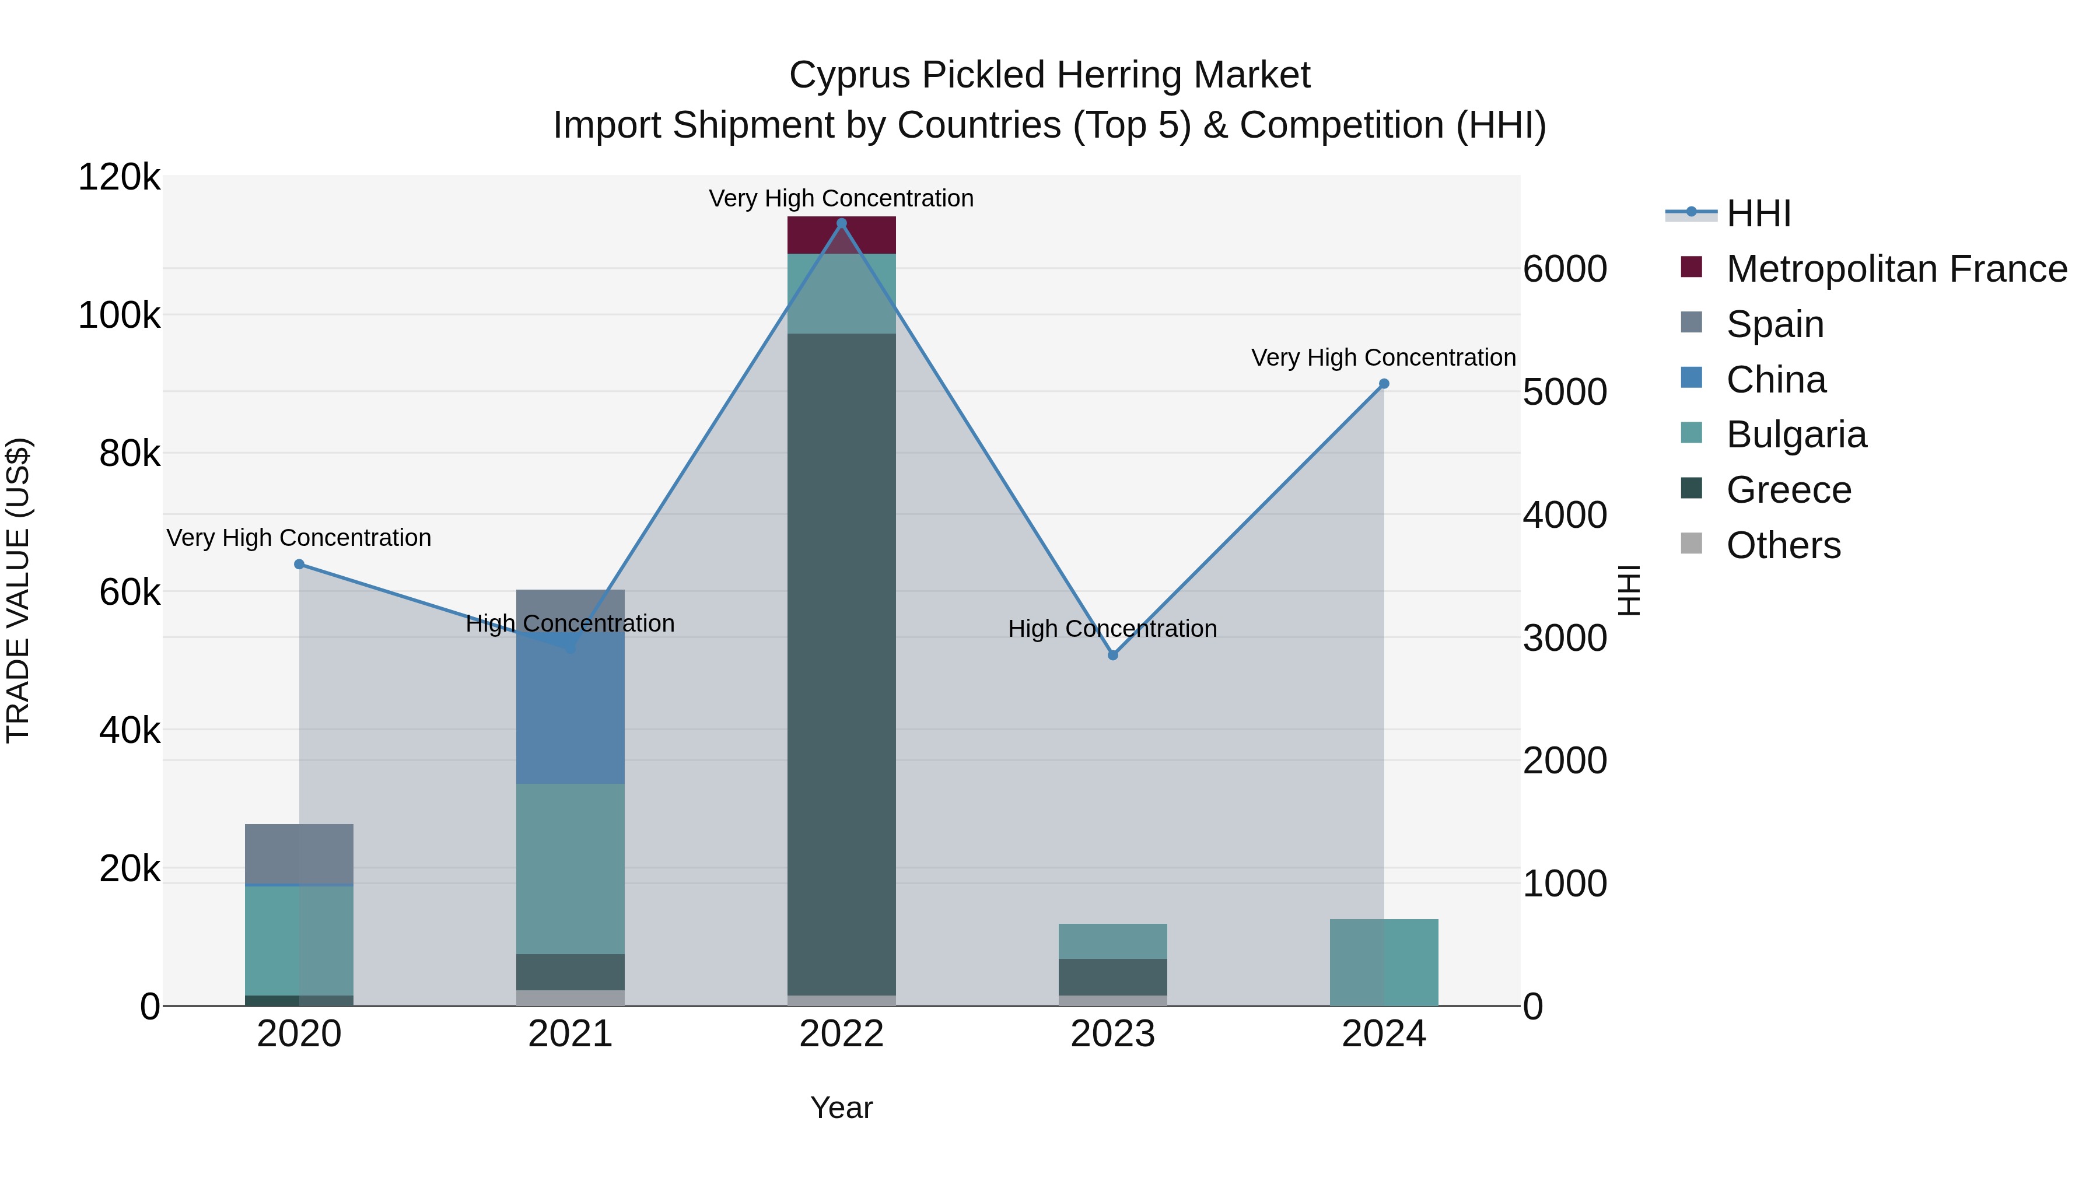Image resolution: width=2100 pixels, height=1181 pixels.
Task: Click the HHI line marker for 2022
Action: (841, 223)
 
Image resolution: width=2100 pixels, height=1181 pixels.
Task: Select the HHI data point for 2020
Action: (299, 564)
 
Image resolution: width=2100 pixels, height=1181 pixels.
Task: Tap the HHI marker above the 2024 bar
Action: (1384, 384)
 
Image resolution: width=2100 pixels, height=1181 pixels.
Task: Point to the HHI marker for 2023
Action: (1113, 656)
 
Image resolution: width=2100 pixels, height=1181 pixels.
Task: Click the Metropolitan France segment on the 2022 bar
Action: (841, 234)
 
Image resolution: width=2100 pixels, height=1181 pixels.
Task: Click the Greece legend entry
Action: (1788, 490)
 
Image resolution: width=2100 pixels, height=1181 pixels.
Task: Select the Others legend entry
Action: (1783, 545)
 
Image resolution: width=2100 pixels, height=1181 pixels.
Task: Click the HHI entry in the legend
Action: (1758, 213)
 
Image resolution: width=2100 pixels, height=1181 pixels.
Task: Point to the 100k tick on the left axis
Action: (119, 316)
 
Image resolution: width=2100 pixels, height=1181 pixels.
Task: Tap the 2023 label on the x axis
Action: (1113, 1034)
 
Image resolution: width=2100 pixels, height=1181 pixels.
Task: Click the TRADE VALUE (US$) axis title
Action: (18, 590)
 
